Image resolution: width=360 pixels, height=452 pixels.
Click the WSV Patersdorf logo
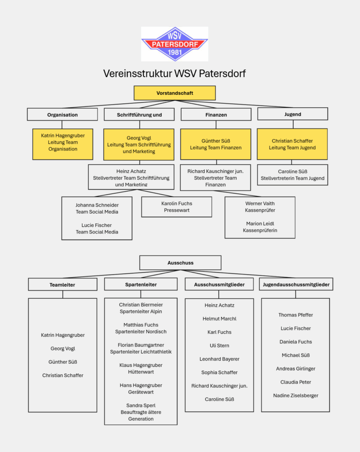coord(174,44)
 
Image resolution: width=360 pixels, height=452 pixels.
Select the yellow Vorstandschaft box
coord(174,93)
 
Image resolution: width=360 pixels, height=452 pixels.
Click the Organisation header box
coord(62,115)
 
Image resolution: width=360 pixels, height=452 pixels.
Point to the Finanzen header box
coord(216,115)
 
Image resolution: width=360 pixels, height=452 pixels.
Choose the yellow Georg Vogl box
coord(139,144)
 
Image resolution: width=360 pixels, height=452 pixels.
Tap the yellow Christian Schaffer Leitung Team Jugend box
coord(292,144)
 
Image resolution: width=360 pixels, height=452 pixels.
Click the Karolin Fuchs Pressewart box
coord(177,207)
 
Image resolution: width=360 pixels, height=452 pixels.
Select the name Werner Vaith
coord(260,203)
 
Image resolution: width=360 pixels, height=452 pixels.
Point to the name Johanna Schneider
coord(97,205)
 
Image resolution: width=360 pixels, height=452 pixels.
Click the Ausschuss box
coord(180,263)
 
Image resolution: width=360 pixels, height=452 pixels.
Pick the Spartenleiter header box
coord(140,285)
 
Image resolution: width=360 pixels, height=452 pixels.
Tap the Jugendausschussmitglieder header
coord(296,285)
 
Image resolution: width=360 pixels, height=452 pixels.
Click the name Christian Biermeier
coord(140,305)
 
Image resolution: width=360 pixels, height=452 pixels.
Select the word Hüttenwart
coord(140,372)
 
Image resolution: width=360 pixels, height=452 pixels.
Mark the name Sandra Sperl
coord(140,405)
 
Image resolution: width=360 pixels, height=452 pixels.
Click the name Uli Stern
coord(219,346)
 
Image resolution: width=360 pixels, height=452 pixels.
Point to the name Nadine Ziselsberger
coord(296,395)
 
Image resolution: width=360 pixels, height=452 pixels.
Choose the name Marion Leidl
coord(260,223)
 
